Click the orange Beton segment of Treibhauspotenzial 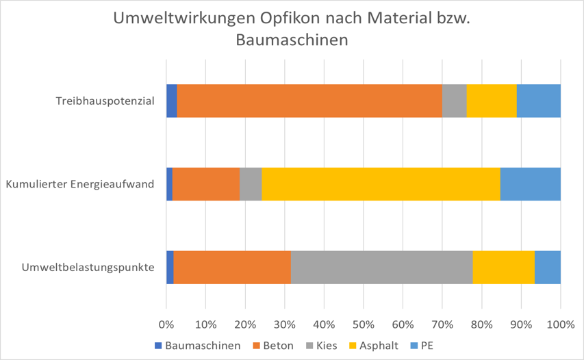tap(309, 101)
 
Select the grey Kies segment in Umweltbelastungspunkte tap(382, 267)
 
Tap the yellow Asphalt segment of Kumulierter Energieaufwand tap(381, 184)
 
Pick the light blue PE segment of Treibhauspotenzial tap(539, 101)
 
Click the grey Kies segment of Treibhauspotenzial tap(454, 101)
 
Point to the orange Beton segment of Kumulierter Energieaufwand tap(206, 184)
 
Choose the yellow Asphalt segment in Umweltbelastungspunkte tap(503, 267)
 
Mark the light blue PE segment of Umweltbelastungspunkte tap(548, 267)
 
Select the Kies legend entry tap(327, 346)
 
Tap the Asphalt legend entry tap(379, 346)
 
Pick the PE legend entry tap(428, 346)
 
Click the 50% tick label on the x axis tap(364, 323)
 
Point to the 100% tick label tap(560, 323)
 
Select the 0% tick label tap(166, 323)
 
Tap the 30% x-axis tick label tap(285, 323)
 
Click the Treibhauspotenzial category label tap(105, 101)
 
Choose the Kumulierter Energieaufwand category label tap(79, 184)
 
